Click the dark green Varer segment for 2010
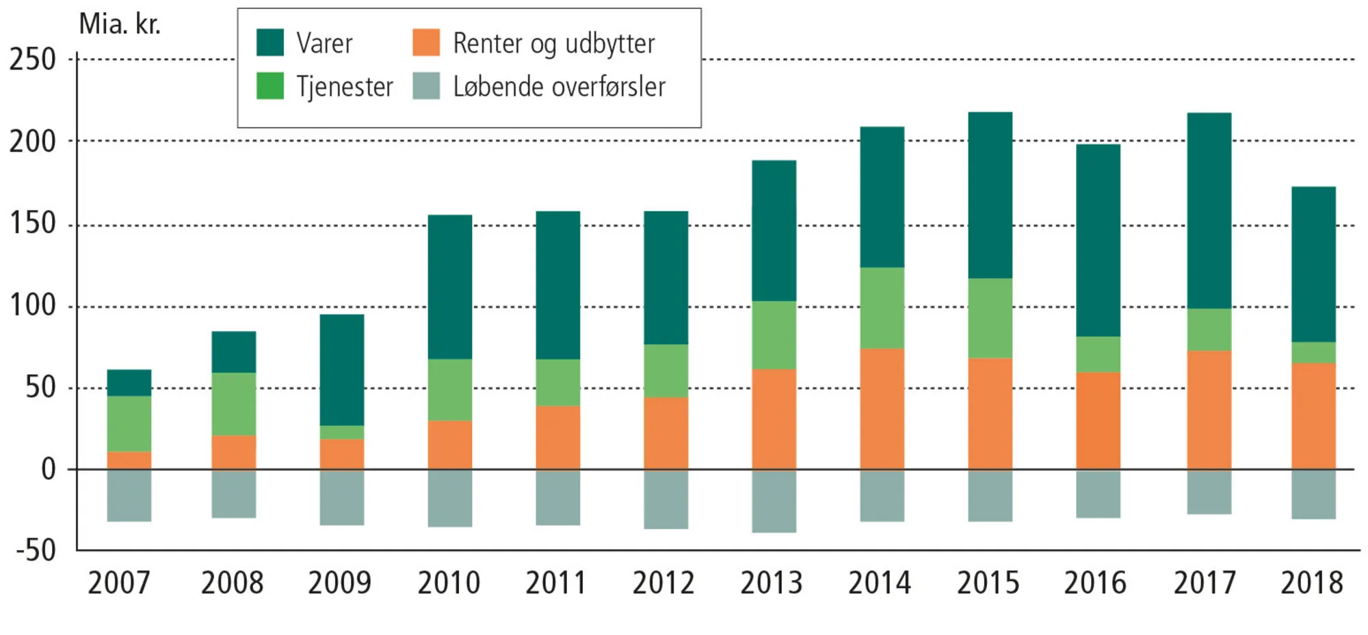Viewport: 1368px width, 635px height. [x=450, y=287]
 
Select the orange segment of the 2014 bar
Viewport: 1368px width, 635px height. [x=882, y=409]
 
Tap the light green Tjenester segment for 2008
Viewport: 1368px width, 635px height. [x=233, y=404]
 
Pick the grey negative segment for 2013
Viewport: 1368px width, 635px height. [x=774, y=501]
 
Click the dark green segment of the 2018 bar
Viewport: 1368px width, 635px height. [x=1313, y=264]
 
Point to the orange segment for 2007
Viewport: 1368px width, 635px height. [x=129, y=461]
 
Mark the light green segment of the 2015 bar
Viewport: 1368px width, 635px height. [x=990, y=318]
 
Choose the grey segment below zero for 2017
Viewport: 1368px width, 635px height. [x=1209, y=492]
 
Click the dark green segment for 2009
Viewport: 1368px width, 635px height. [x=342, y=370]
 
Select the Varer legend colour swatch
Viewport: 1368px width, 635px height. [x=269, y=42]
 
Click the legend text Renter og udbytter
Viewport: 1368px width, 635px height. [x=553, y=44]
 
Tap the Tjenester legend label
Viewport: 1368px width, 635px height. [x=345, y=87]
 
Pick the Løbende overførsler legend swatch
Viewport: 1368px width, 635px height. [x=426, y=86]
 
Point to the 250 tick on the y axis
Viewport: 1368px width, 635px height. [x=32, y=60]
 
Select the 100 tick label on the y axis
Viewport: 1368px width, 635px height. [x=32, y=306]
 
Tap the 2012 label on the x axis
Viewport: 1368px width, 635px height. [x=663, y=583]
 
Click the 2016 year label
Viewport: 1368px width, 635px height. [x=1094, y=583]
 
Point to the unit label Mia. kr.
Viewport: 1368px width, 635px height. [x=120, y=25]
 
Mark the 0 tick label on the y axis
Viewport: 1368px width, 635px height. [x=48, y=470]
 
